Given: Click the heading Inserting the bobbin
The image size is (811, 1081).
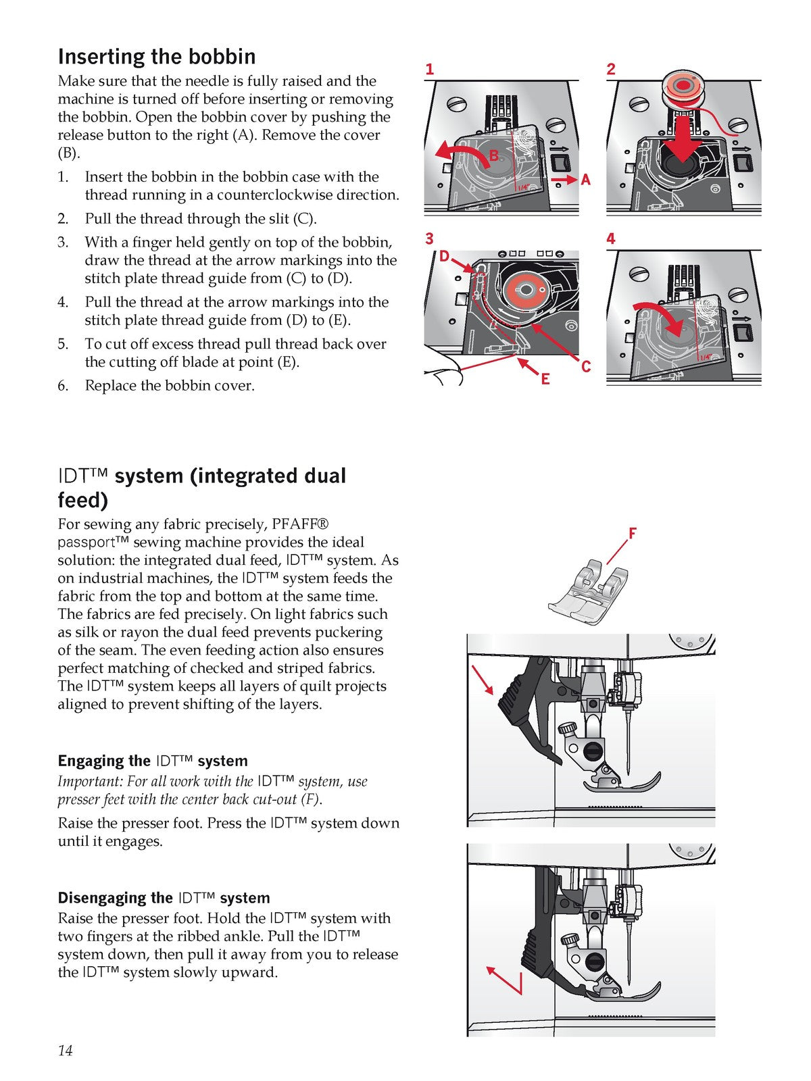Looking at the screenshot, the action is [157, 57].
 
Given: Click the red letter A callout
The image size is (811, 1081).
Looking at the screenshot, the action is [585, 180].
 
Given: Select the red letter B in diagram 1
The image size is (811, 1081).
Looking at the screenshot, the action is [494, 156].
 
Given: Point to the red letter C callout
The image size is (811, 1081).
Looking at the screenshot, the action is [585, 367].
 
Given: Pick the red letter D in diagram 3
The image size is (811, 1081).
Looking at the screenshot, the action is [444, 257].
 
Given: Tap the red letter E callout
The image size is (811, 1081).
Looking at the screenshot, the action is [545, 379].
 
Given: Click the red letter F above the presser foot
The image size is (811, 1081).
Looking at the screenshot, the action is [633, 533].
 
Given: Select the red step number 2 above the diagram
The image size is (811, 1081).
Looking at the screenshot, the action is [611, 69].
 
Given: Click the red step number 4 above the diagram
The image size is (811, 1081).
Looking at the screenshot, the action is [611, 239].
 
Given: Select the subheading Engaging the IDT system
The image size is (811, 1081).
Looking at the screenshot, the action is [153, 761].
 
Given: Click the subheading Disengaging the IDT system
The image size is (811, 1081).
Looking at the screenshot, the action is [164, 898].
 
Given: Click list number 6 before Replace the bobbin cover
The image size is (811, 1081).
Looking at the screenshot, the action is [63, 386].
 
